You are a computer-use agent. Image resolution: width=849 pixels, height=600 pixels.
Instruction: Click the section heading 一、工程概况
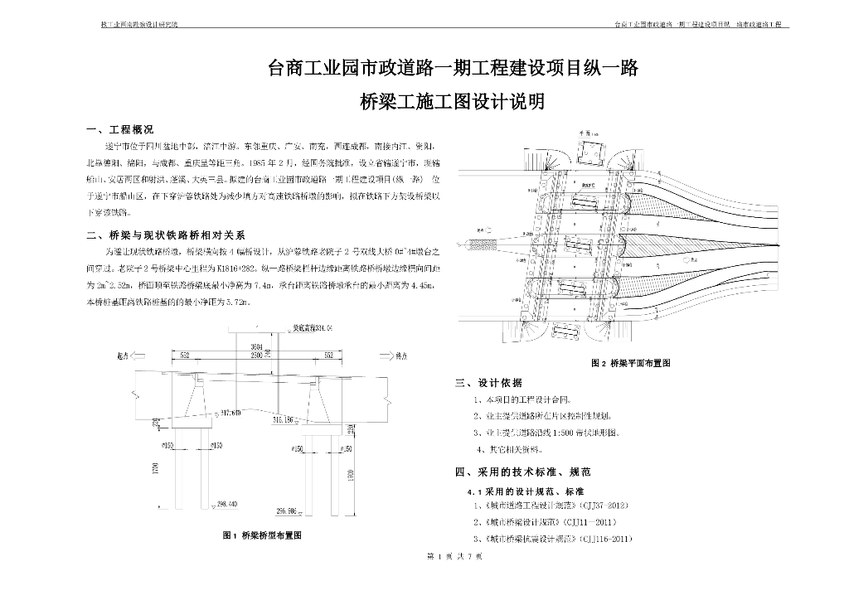[120, 130]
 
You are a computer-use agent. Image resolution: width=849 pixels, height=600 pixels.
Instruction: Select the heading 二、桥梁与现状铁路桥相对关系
[165, 235]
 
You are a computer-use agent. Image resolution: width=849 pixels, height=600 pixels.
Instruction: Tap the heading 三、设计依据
[489, 383]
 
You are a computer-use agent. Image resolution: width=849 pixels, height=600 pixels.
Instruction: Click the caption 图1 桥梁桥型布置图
[262, 535]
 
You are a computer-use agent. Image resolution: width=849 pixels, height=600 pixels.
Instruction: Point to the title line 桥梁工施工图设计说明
[453, 103]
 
